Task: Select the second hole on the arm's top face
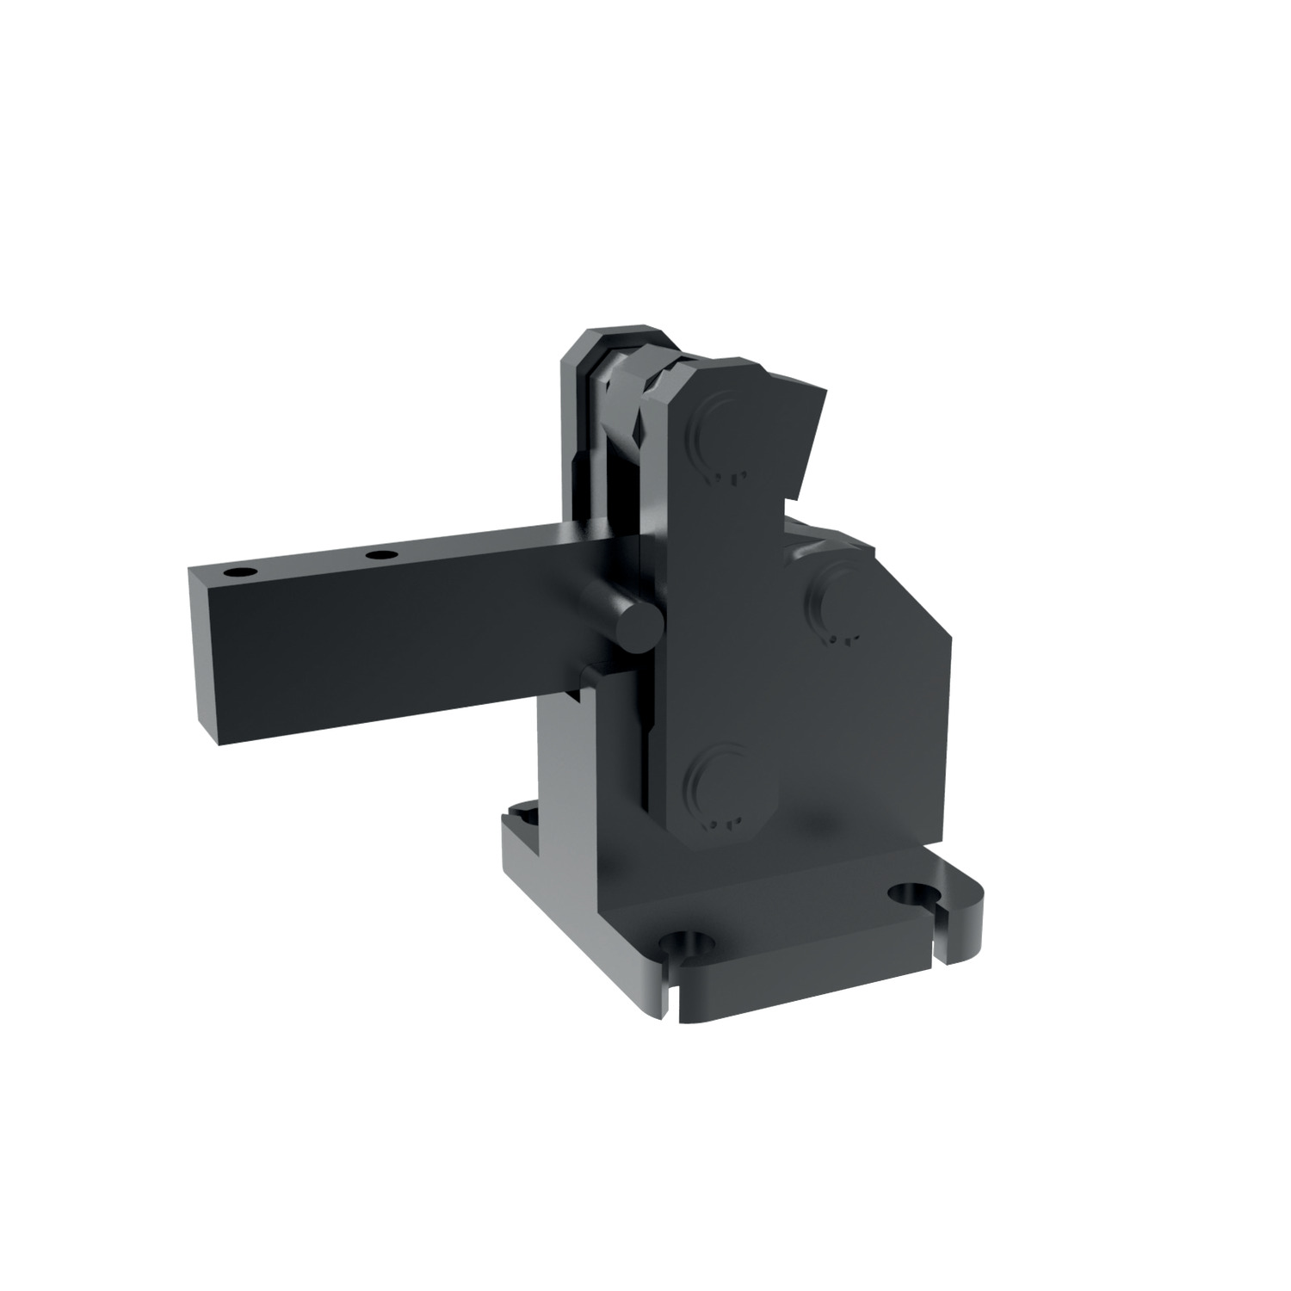(x=380, y=555)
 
